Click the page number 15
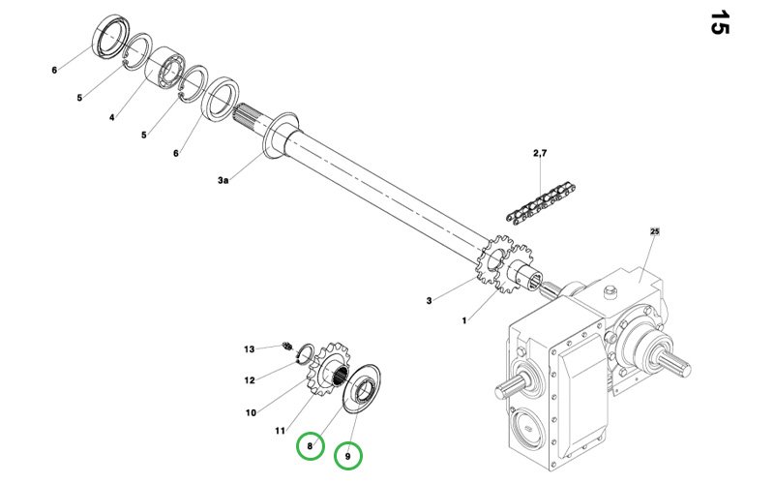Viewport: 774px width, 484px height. [719, 22]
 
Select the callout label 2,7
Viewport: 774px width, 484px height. [540, 154]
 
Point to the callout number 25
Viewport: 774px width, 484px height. [655, 232]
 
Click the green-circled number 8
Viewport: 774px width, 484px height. [310, 445]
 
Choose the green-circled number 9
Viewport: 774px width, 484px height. [348, 454]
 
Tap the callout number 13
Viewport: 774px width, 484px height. [249, 348]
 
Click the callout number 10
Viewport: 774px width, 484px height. [251, 412]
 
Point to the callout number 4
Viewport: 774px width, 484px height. [112, 117]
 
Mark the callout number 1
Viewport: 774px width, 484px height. [465, 319]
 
